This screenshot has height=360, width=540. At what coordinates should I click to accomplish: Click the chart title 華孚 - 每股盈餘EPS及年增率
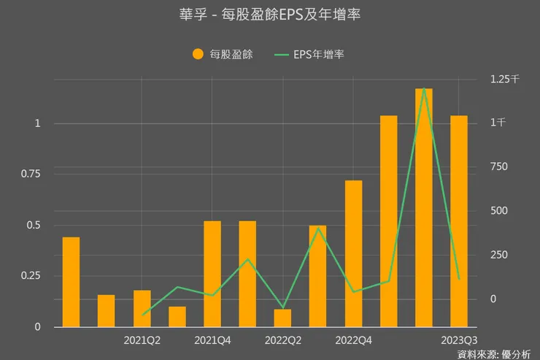tap(269, 14)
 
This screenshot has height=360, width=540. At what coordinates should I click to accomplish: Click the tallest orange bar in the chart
tap(424, 208)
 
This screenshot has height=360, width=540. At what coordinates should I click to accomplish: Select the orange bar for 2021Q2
tap(142, 309)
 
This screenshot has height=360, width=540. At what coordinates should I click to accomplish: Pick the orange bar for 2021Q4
tap(212, 274)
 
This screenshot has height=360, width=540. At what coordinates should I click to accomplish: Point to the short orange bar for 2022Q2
tap(282, 318)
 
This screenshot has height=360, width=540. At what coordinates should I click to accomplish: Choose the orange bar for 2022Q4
tap(353, 253)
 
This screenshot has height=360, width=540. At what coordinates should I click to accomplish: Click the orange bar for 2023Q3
tap(459, 221)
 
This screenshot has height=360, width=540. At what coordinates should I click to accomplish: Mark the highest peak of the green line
tap(424, 88)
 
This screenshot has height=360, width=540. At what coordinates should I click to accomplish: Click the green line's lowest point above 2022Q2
tap(282, 307)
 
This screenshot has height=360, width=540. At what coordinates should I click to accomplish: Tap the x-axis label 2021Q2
tap(142, 340)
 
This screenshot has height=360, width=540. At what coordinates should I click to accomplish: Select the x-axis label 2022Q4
tap(353, 340)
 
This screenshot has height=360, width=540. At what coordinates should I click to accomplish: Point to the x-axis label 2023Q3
tap(460, 340)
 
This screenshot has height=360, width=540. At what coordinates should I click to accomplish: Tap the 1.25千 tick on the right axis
tap(504, 79)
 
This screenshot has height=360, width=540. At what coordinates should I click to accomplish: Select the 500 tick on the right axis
tap(498, 211)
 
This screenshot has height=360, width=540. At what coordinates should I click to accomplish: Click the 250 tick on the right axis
tap(498, 255)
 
